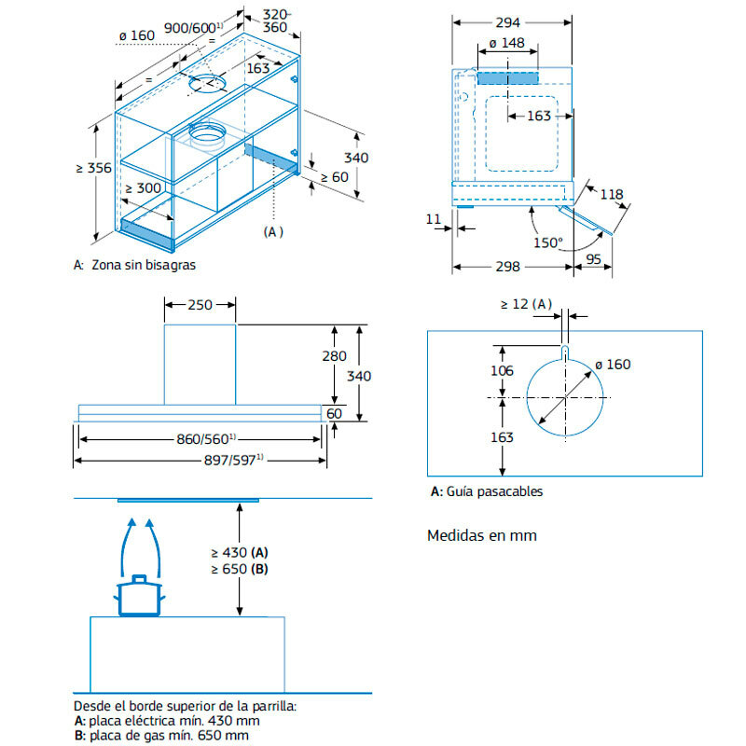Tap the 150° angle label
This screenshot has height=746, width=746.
[x=547, y=242]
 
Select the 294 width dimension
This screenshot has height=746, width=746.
[x=509, y=21]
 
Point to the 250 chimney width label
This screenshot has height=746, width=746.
[x=200, y=304]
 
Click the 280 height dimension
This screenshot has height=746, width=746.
[x=333, y=356]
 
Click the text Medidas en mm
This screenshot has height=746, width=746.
[x=481, y=535]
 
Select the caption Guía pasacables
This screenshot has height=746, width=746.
[x=494, y=491]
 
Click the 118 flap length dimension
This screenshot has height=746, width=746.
[x=612, y=194]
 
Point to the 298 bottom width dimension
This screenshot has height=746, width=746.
[x=509, y=268]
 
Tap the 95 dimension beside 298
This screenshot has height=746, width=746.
[x=592, y=260]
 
